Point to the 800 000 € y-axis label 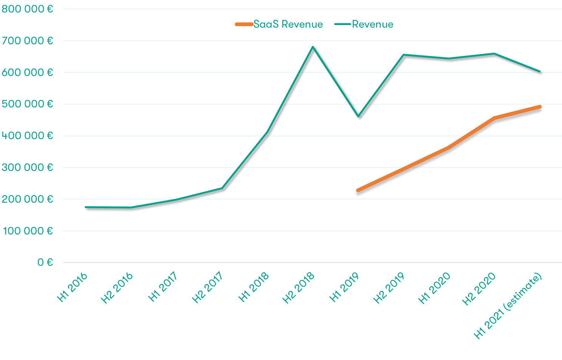click(27, 9)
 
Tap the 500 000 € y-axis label click(27, 104)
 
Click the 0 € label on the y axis click(45, 262)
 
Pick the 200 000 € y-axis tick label click(27, 199)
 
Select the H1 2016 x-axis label click(73, 287)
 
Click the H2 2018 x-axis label click(299, 288)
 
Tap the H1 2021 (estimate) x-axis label click(508, 306)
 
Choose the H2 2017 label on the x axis click(207, 288)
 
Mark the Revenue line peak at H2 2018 click(313, 47)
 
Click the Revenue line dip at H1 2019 click(358, 116)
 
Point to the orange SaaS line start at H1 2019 click(358, 190)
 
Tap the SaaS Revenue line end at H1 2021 click(540, 107)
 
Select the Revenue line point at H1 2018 click(268, 132)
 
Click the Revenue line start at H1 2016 click(86, 207)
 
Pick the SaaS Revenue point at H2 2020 click(494, 118)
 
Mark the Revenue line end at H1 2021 click(540, 71)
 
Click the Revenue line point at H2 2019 click(404, 55)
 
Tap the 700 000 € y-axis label click(27, 41)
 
